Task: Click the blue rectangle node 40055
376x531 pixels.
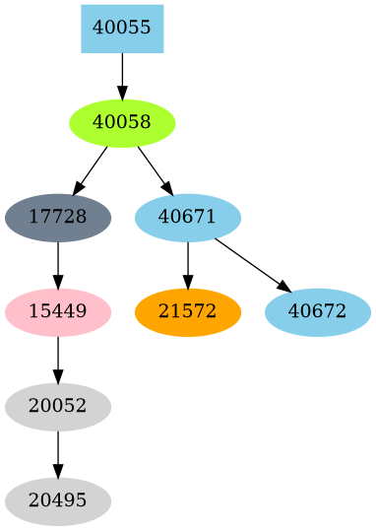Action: (122, 28)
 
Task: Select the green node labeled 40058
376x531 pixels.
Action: (122, 122)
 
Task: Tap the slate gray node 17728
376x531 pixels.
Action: (58, 217)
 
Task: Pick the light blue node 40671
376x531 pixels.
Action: (188, 217)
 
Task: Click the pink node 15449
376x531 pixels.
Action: (58, 311)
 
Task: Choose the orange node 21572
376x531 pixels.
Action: (188, 311)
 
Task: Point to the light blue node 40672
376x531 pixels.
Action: (318, 311)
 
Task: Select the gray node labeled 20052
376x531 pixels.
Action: (58, 406)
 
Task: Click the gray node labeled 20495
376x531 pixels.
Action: (58, 500)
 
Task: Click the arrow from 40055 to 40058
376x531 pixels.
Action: (122, 75)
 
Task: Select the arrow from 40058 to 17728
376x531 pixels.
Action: (92, 168)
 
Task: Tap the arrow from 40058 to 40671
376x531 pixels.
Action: (154, 168)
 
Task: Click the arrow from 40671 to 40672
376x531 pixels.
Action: (252, 263)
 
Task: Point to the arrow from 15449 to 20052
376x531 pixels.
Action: (58, 359)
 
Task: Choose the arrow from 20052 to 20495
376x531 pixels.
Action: (58, 453)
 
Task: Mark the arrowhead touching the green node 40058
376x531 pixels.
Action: (122, 93)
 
